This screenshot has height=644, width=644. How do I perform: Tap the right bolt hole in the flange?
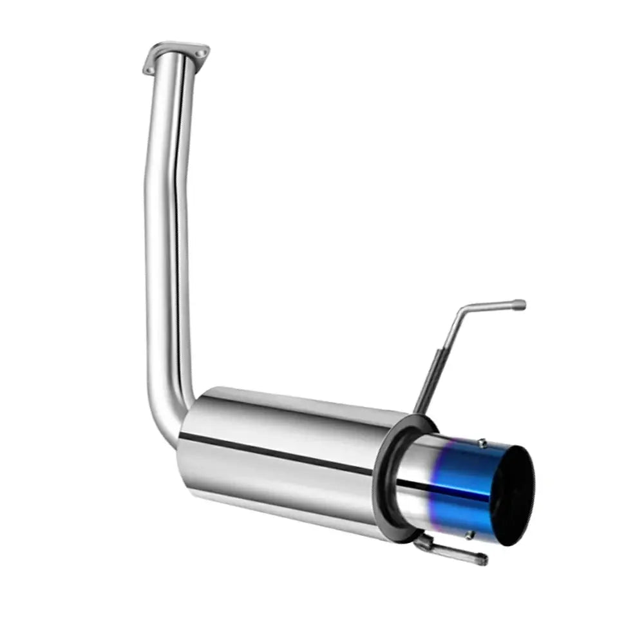(x=202, y=53)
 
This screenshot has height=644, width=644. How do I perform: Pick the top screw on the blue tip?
(x=481, y=443)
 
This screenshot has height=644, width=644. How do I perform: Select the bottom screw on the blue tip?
(x=469, y=534)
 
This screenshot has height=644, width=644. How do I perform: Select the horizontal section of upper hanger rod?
(x=493, y=305)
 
